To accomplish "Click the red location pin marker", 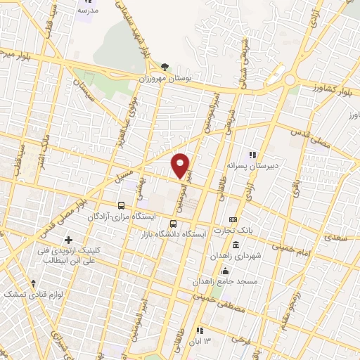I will pyautogui.click(x=181, y=165).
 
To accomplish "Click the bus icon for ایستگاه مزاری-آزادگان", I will pyautogui.click(x=122, y=206).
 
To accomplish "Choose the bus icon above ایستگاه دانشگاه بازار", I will pyautogui.click(x=174, y=224).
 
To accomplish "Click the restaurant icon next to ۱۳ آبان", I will pyautogui.click(x=200, y=330).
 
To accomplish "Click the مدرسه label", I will pyautogui.click(x=88, y=11).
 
